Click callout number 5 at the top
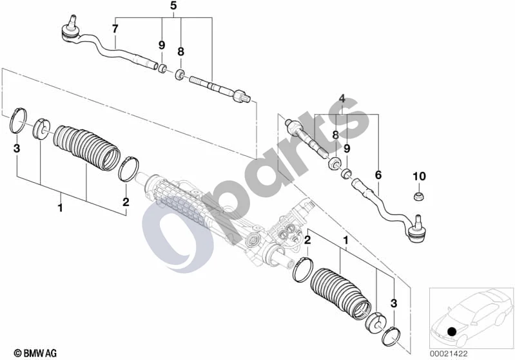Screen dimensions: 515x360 tap(173, 6)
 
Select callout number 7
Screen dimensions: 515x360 tap(115, 29)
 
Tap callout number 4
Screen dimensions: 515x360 tap(342, 98)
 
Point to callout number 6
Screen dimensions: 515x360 tap(378, 175)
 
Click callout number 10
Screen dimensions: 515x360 tap(419, 176)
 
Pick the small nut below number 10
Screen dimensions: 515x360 tap(419, 196)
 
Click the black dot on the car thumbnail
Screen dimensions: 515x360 tap(452, 331)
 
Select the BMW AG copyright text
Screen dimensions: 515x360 tap(35, 353)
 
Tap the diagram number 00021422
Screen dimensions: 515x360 tap(449, 354)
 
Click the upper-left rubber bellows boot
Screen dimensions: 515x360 tap(87, 147)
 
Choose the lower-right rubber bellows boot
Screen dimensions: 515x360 tap(340, 294)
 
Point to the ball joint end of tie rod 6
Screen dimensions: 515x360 tap(418, 230)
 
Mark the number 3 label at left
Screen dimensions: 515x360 tap(16, 148)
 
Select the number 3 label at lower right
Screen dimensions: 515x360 tap(394, 303)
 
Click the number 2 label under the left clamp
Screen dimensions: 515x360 tap(126, 202)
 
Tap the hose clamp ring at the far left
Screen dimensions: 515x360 tap(18, 121)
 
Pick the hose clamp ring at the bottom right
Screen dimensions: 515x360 tap(391, 336)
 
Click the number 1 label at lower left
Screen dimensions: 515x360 tap(60, 207)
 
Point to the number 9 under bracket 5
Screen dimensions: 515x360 tap(162, 45)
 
